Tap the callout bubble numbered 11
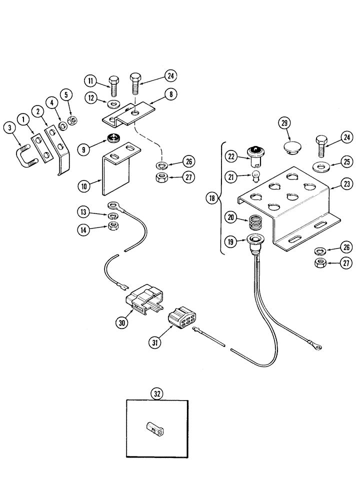click(91, 80)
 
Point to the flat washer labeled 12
click(113, 104)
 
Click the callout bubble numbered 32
click(157, 393)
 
